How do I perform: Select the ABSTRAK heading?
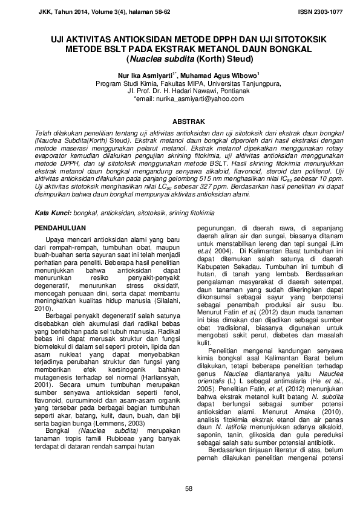179,121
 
